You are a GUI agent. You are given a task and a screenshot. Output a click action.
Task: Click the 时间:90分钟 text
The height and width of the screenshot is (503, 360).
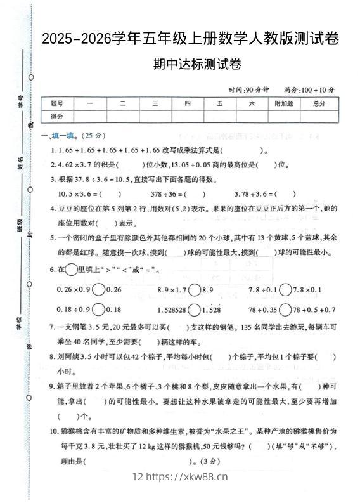250,90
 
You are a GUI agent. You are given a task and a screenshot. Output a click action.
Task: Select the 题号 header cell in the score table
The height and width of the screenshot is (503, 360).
57,104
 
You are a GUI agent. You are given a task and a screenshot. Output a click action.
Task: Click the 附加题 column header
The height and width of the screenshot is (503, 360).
284,104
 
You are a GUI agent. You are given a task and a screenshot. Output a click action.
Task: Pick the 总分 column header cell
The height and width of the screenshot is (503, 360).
319,104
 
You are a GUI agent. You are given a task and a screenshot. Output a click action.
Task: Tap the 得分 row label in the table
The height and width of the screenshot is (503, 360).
57,116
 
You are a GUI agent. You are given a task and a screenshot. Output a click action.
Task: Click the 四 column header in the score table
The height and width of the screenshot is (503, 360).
187,104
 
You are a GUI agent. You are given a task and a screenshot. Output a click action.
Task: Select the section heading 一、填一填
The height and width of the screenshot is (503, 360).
61,135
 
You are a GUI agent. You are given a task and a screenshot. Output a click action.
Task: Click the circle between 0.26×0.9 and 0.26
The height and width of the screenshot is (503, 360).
99,289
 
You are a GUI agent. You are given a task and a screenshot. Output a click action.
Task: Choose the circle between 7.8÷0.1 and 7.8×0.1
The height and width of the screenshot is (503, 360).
286,289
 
